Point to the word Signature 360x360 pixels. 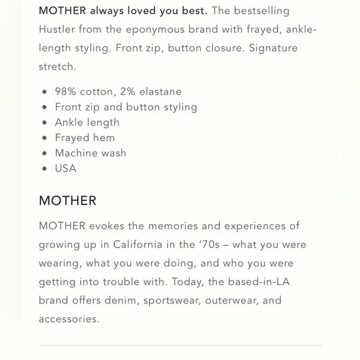273,48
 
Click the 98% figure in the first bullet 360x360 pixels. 66,91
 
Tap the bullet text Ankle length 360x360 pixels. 87,122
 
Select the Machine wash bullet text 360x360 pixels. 90,153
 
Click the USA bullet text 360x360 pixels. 66,168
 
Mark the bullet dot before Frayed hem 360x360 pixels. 44,138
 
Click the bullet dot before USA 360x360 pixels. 44,168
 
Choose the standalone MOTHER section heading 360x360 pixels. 68,201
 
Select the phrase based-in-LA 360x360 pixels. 258,282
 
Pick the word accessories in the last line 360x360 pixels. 69,319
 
